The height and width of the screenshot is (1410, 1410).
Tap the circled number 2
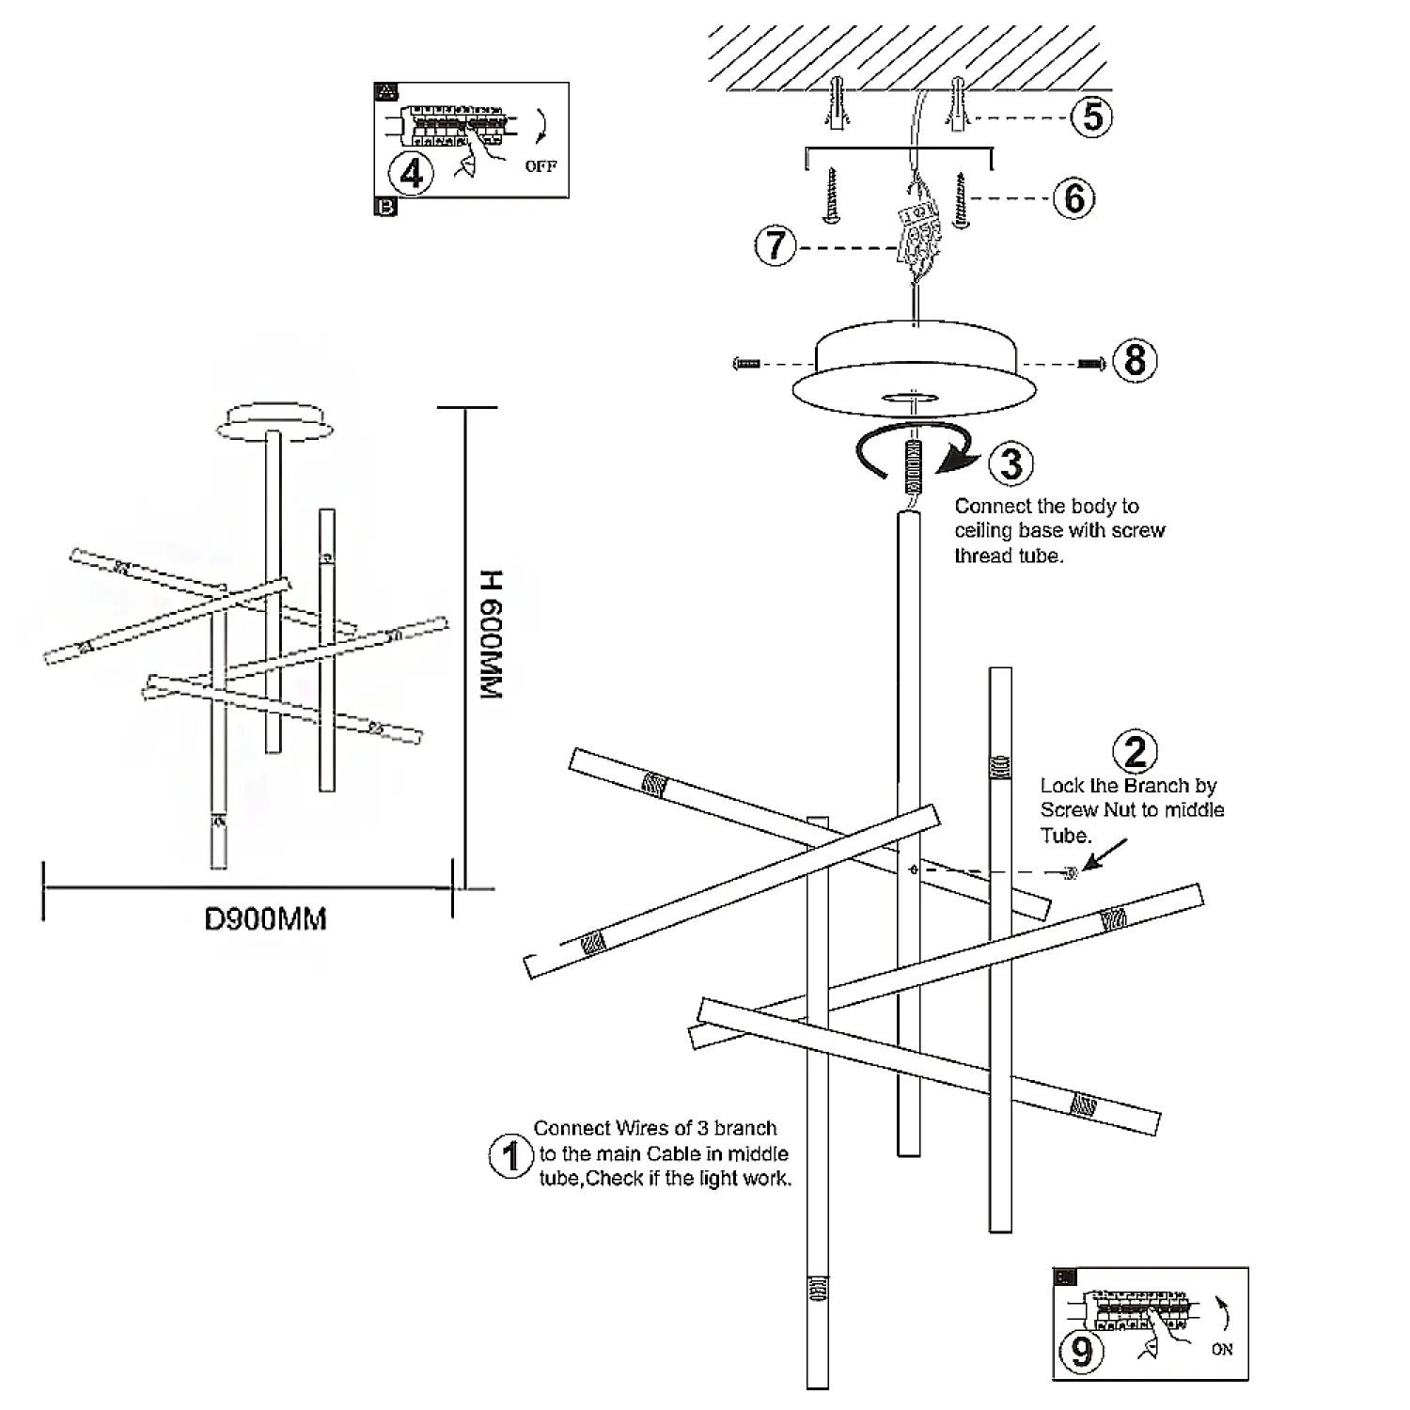coord(1136,752)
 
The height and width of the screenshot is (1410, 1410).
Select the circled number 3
coord(1011,463)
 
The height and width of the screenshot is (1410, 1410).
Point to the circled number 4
coord(412,173)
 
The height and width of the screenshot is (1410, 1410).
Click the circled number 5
coord(1091,117)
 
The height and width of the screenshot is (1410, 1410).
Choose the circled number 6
coord(1074,198)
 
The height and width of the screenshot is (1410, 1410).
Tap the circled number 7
coord(776,245)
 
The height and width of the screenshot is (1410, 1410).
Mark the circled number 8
coord(1135,360)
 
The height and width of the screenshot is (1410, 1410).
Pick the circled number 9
coord(1082,1351)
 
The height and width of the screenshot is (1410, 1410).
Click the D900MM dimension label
coord(265,918)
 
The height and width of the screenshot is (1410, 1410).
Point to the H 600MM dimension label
coord(491,634)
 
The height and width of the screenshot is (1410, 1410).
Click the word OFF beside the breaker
coord(540,166)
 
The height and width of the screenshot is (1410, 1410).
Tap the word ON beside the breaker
coord(1222,1349)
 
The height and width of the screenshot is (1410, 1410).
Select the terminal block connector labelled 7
coord(916,235)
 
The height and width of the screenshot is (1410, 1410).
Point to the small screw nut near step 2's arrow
coord(1069,873)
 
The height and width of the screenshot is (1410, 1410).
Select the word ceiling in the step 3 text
coord(983,530)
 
